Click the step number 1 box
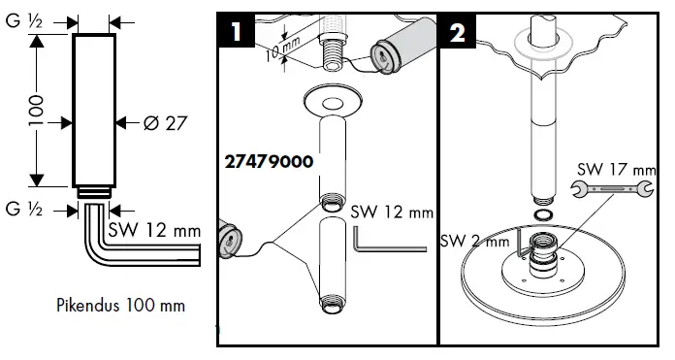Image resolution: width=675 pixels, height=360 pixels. click(x=237, y=30)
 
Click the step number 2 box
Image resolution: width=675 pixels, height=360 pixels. click(x=457, y=31)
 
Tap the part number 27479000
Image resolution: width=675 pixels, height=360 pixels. click(x=269, y=162)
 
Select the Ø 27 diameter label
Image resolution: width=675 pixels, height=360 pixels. click(x=165, y=123)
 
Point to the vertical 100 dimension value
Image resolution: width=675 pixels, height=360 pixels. click(x=37, y=111)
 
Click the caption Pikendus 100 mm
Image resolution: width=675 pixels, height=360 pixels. click(x=121, y=306)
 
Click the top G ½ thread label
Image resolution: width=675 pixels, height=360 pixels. click(x=23, y=20)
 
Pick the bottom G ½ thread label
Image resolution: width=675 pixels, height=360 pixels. click(x=23, y=210)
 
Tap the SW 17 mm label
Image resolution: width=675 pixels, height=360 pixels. click(x=617, y=169)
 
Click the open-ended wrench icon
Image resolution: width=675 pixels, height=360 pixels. click(x=612, y=188)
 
